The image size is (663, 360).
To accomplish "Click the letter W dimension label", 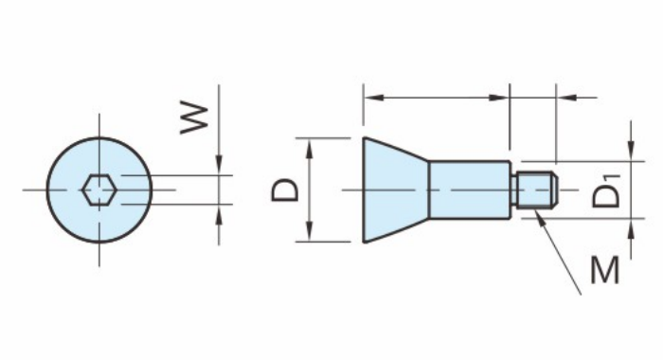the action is click(x=194, y=117).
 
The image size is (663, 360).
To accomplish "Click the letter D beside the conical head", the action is click(x=284, y=189).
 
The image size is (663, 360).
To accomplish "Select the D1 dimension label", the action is click(x=606, y=190).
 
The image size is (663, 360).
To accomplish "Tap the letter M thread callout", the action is click(x=604, y=270).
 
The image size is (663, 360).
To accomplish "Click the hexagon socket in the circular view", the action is click(x=99, y=189).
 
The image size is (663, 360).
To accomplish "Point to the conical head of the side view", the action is click(x=396, y=189).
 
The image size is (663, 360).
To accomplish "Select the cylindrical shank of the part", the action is click(x=470, y=189).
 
